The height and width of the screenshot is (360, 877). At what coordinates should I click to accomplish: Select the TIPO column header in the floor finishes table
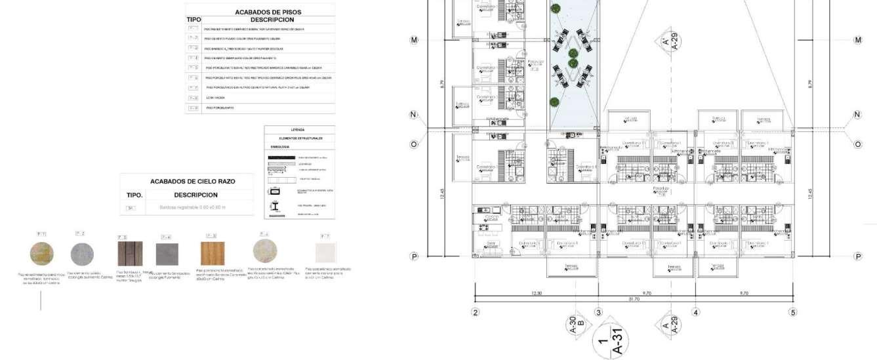tap(194, 20)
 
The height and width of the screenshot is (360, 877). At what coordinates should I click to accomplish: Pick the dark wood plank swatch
tap(130, 254)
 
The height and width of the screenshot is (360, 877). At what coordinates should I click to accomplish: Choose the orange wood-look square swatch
tap(213, 254)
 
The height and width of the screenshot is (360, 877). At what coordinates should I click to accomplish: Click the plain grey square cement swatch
tap(167, 254)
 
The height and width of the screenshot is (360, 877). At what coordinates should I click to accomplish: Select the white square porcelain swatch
tap(325, 253)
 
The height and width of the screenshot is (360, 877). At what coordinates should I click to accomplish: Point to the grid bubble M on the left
tap(414, 40)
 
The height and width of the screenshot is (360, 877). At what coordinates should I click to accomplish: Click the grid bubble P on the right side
tap(857, 256)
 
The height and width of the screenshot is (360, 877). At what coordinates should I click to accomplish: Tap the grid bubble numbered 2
tap(476, 312)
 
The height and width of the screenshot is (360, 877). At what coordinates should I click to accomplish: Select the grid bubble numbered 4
tap(695, 312)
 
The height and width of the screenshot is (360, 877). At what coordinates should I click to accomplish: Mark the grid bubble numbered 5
tap(792, 312)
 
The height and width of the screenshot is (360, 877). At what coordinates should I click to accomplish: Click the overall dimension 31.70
tap(633, 300)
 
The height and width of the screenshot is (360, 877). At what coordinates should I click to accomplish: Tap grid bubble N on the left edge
tap(414, 115)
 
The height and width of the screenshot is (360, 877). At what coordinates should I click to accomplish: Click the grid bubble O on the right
tap(857, 144)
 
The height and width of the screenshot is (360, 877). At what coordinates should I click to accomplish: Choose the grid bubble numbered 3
tap(598, 312)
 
